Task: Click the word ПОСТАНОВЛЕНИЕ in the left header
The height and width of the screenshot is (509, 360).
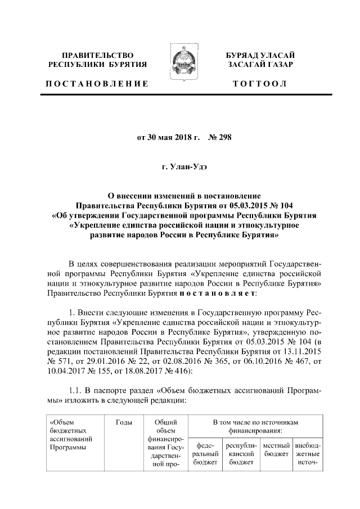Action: (x=97, y=84)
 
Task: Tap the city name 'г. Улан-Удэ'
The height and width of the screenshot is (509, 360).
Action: (x=180, y=168)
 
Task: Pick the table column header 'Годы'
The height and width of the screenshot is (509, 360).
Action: (x=124, y=421)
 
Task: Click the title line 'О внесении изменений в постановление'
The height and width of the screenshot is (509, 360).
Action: (x=180, y=194)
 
